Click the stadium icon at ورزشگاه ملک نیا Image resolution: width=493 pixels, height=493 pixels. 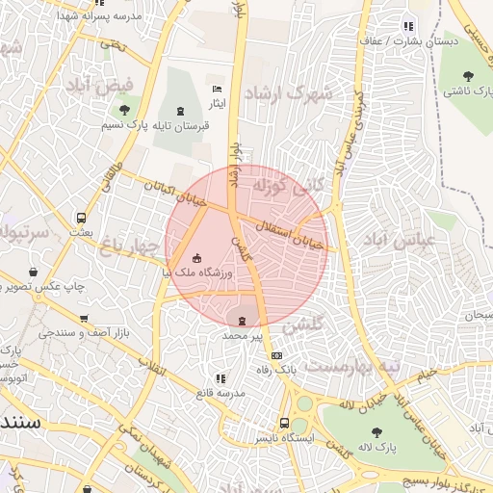pos(197,257)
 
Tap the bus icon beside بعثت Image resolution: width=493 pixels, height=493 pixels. pos(81,218)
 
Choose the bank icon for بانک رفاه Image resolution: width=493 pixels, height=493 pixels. pos(277,355)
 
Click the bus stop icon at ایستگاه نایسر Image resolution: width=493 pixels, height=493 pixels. pos(284,423)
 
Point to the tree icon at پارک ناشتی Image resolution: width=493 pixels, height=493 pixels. pos(468,75)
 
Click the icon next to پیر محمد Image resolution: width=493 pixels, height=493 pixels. pos(242,321)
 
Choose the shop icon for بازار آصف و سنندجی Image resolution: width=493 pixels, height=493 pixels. pos(84,318)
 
